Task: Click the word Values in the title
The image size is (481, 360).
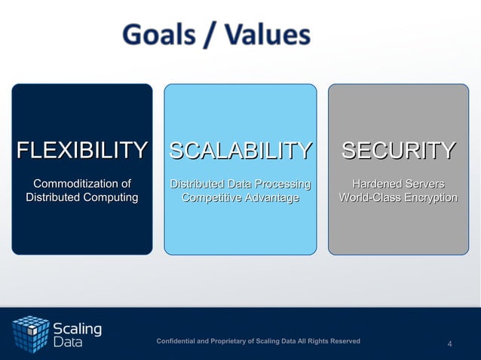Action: pyautogui.click(x=263, y=35)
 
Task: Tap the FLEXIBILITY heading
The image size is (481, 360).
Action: pyautogui.click(x=82, y=151)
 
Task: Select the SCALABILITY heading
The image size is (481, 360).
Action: pyautogui.click(x=240, y=151)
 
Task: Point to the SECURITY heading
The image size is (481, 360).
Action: pyautogui.click(x=398, y=151)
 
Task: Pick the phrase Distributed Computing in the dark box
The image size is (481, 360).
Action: pyautogui.click(x=82, y=198)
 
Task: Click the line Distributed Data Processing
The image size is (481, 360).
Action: pyautogui.click(x=240, y=184)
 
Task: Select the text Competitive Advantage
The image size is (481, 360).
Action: pyautogui.click(x=240, y=198)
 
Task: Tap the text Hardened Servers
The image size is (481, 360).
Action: pyautogui.click(x=398, y=184)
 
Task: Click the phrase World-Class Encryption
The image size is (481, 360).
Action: pyautogui.click(x=398, y=198)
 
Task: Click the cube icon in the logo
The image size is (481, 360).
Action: pyautogui.click(x=30, y=334)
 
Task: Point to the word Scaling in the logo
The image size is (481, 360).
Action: pyautogui.click(x=77, y=329)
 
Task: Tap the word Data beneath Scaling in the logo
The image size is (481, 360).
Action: pyautogui.click(x=68, y=343)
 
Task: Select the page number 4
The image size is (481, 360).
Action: pyautogui.click(x=450, y=344)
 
